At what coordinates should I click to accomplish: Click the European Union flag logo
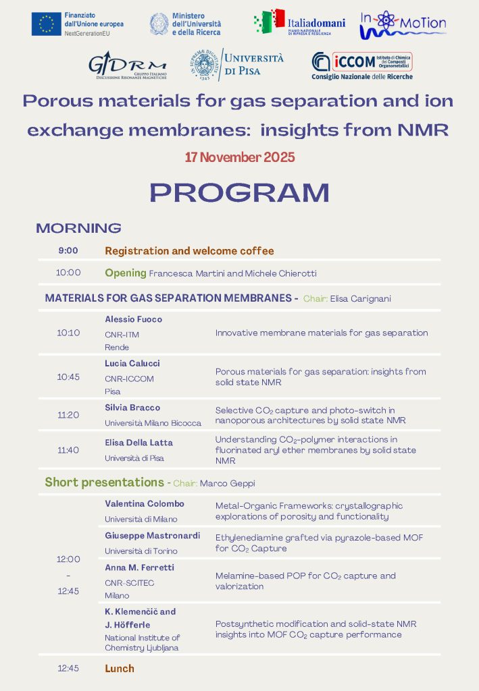[x=47, y=24]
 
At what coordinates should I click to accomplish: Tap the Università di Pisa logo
[x=236, y=65]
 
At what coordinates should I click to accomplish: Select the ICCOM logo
[x=361, y=65]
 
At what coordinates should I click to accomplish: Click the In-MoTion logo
[x=403, y=23]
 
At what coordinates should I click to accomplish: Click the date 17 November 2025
[x=240, y=157]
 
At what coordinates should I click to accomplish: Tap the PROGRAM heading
[x=239, y=192]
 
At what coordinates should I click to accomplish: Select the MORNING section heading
[x=78, y=228]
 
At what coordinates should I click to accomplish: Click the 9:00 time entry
[x=68, y=250]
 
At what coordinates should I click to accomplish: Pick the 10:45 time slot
[x=68, y=377]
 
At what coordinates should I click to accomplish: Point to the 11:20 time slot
[x=68, y=415]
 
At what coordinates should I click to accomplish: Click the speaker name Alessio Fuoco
[x=134, y=319]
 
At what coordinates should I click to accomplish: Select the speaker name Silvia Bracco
[x=132, y=408]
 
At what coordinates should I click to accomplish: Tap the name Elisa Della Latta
[x=138, y=443]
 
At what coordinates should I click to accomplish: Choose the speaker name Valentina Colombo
[x=145, y=504]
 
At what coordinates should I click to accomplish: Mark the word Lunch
[x=120, y=669]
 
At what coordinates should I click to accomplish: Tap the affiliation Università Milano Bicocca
[x=153, y=423]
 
